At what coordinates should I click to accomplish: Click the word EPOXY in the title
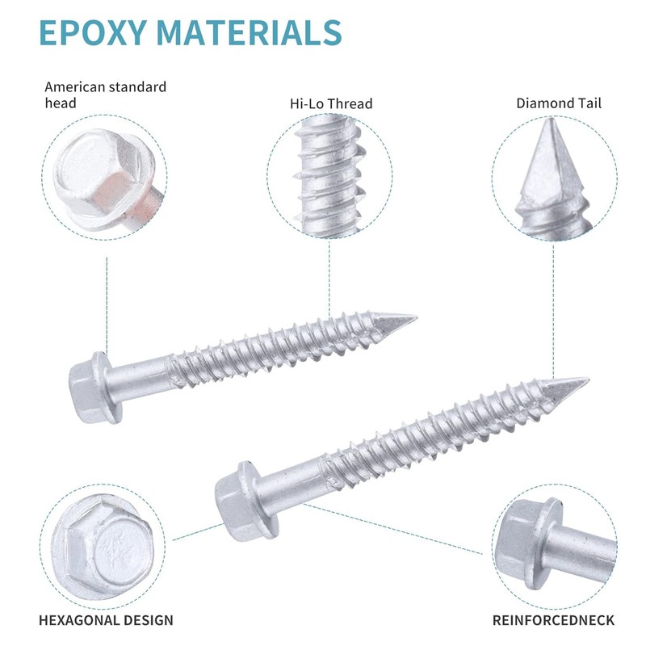pyautogui.click(x=93, y=32)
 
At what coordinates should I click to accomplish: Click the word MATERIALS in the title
pyautogui.click(x=250, y=32)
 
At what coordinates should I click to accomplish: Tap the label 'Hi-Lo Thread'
pyautogui.click(x=331, y=103)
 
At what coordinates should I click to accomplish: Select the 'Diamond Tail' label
pyautogui.click(x=559, y=103)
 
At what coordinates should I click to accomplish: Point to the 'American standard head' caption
pyautogui.click(x=106, y=94)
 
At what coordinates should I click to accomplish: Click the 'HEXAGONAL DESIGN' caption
pyautogui.click(x=106, y=620)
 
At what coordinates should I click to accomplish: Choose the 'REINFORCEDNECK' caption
pyautogui.click(x=553, y=620)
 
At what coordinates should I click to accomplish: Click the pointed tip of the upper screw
pyautogui.click(x=416, y=317)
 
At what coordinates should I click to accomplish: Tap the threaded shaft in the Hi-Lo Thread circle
pyautogui.click(x=329, y=176)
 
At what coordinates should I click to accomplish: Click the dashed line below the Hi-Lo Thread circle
pyautogui.click(x=329, y=279)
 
